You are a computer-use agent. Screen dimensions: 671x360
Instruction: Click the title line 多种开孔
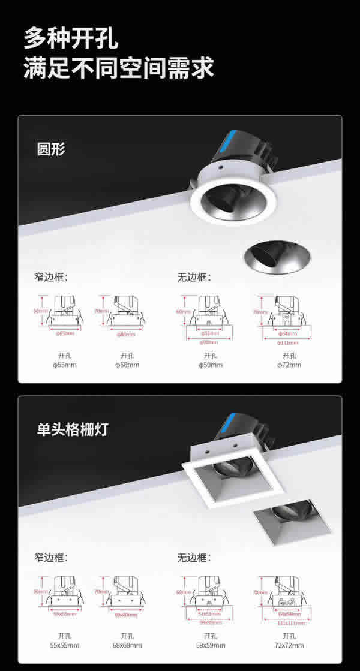pos(71,39)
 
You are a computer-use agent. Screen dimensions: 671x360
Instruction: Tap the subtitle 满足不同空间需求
pos(118,68)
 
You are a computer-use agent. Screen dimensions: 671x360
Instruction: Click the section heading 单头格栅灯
pos(73,429)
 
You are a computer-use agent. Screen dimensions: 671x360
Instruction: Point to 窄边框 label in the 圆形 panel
pos(51,277)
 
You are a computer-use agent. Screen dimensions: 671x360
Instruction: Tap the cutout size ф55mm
pos(65,365)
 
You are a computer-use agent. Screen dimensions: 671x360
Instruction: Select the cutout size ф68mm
pos(127,365)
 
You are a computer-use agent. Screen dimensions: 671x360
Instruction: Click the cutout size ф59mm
pos(209,365)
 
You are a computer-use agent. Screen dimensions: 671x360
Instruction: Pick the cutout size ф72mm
pos(289,365)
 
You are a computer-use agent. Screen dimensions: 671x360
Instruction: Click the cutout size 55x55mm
pos(65,645)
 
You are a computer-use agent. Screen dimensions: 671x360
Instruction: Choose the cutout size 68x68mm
pos(127,645)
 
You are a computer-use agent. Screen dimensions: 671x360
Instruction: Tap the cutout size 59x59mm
pos(209,645)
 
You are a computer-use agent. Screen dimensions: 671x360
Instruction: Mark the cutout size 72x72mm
pos(289,645)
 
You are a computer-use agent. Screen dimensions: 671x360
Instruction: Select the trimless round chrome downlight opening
pos(277,257)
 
